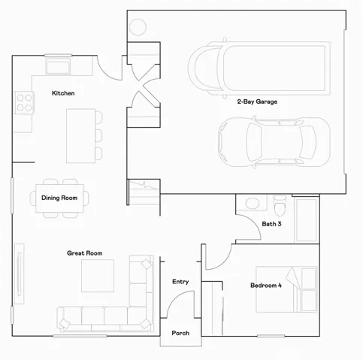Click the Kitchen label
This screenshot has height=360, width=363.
(x=62, y=92)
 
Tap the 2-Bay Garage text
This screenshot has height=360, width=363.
(x=257, y=101)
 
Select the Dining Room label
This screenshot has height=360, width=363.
(x=59, y=198)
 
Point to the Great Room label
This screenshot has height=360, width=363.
(x=84, y=253)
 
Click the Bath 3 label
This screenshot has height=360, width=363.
(x=272, y=224)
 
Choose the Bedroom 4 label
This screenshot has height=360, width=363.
(x=266, y=286)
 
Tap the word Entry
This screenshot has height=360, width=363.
(x=180, y=282)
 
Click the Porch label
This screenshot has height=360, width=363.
(x=180, y=333)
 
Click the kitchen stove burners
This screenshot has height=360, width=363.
(x=25, y=101)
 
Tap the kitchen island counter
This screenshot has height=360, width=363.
(x=80, y=136)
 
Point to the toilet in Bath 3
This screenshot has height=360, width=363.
(x=280, y=204)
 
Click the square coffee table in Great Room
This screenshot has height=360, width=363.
(x=97, y=276)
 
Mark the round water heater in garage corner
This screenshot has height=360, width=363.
(x=138, y=26)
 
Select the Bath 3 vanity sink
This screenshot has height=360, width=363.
(x=252, y=204)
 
